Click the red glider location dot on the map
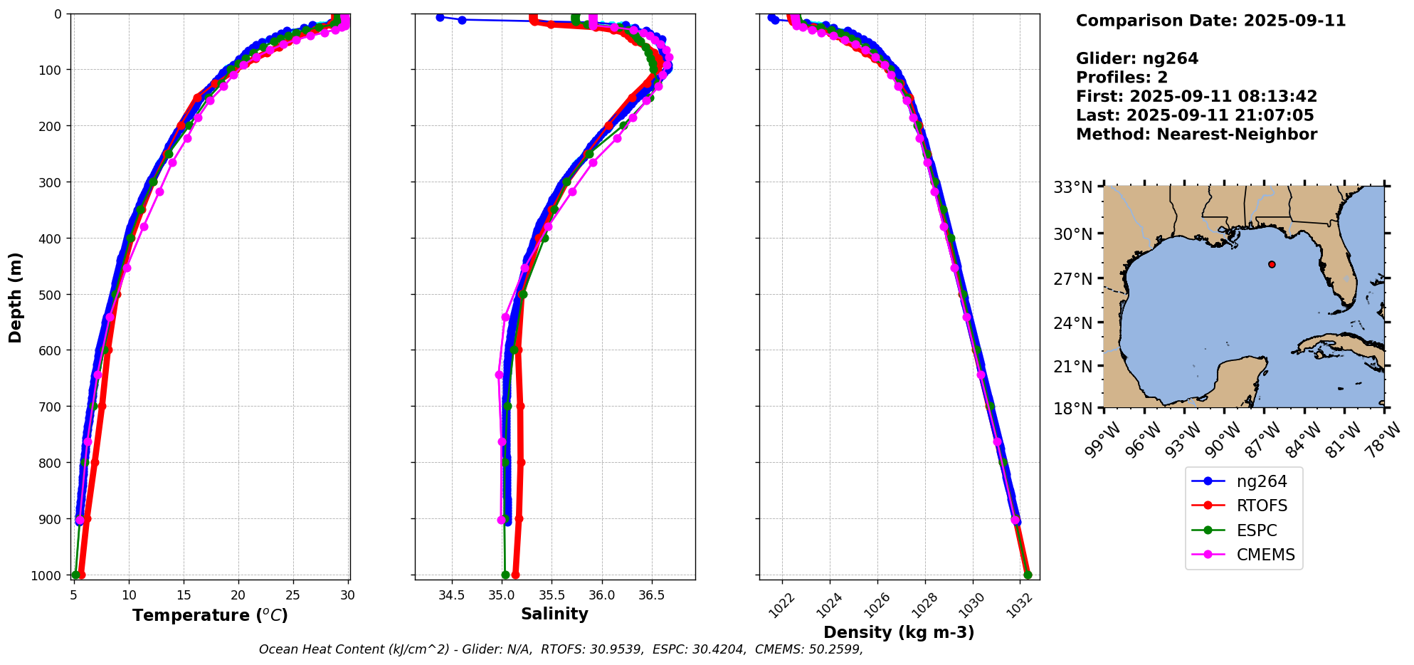tap(1272, 264)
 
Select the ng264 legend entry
tap(1261, 481)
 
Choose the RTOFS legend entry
tap(1261, 506)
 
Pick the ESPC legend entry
tap(1256, 530)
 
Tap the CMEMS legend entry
tap(1265, 555)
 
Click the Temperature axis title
tap(210, 615)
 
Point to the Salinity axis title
tap(554, 614)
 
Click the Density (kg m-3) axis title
tap(899, 632)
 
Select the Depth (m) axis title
tap(16, 297)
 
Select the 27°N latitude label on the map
tap(1072, 278)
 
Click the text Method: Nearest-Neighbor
tap(1196, 135)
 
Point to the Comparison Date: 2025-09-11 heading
tap(1210, 21)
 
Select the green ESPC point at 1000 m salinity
tap(505, 575)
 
